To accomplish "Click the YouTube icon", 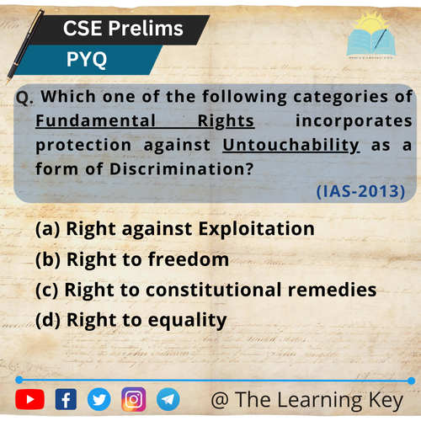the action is click(x=29, y=399).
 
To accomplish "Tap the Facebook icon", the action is click(x=66, y=399).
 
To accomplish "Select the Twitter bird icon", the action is click(x=99, y=399).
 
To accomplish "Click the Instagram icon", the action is click(x=134, y=399).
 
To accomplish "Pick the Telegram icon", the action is click(x=168, y=399).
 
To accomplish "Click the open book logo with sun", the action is click(x=371, y=35).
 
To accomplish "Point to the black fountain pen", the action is click(x=24, y=46).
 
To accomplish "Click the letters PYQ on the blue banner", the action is click(x=87, y=60).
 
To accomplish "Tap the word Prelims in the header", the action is click(x=146, y=29).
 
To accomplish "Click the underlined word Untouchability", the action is click(x=291, y=146).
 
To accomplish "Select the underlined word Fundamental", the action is click(x=95, y=120).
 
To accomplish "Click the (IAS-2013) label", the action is click(x=360, y=191).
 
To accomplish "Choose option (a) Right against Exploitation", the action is click(x=175, y=229).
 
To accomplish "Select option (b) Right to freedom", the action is click(x=132, y=259).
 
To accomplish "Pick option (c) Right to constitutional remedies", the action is click(x=206, y=290).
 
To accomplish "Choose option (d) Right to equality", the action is click(x=131, y=321).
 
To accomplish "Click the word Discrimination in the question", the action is click(x=182, y=169).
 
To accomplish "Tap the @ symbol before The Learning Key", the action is click(x=220, y=400).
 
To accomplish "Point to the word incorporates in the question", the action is click(x=354, y=121).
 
